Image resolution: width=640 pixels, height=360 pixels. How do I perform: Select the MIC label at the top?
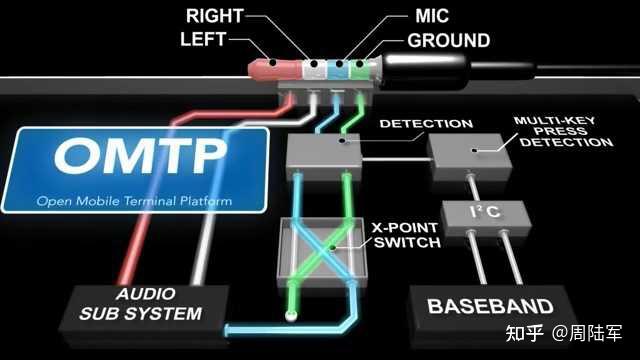432,17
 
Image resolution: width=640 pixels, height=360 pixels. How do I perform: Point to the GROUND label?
448,42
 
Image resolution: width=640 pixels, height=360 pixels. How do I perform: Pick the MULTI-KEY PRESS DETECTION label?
563,131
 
